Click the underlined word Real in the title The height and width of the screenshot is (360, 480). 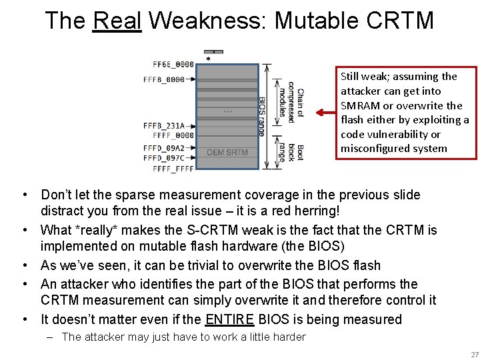pos(117,21)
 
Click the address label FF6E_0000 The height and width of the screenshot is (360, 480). pos(173,65)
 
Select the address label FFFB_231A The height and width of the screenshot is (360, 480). pos(169,125)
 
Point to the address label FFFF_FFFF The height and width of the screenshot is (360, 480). pos(173,169)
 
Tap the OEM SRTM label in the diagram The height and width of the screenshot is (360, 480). pos(227,153)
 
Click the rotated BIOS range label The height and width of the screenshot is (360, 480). pos(261,116)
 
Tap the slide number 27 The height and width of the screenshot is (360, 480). pos(474,354)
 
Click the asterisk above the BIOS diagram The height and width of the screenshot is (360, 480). pos(207,59)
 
